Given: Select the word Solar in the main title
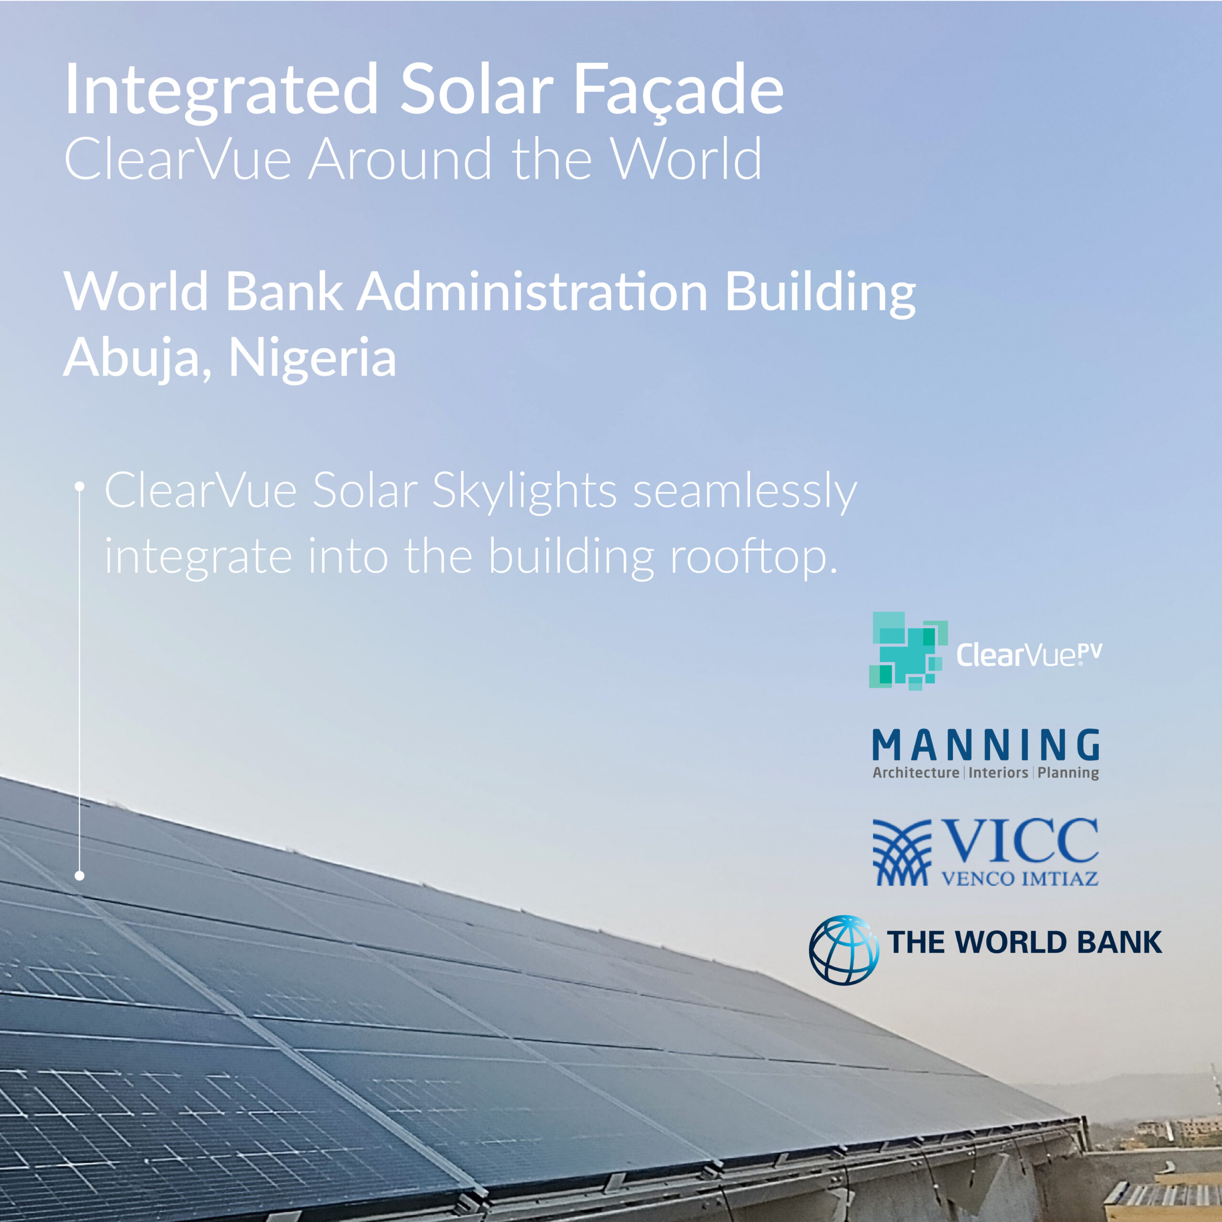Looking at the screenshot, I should [477, 90].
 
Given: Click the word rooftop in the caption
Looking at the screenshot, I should [753, 557].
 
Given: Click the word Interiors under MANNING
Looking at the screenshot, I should [998, 772].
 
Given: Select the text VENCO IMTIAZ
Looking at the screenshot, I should [1020, 878].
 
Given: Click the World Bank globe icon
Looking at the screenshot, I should [844, 949].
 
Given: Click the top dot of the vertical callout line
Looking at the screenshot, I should [80, 486].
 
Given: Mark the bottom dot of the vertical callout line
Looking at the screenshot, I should [80, 876].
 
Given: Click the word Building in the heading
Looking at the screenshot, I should [821, 292].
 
